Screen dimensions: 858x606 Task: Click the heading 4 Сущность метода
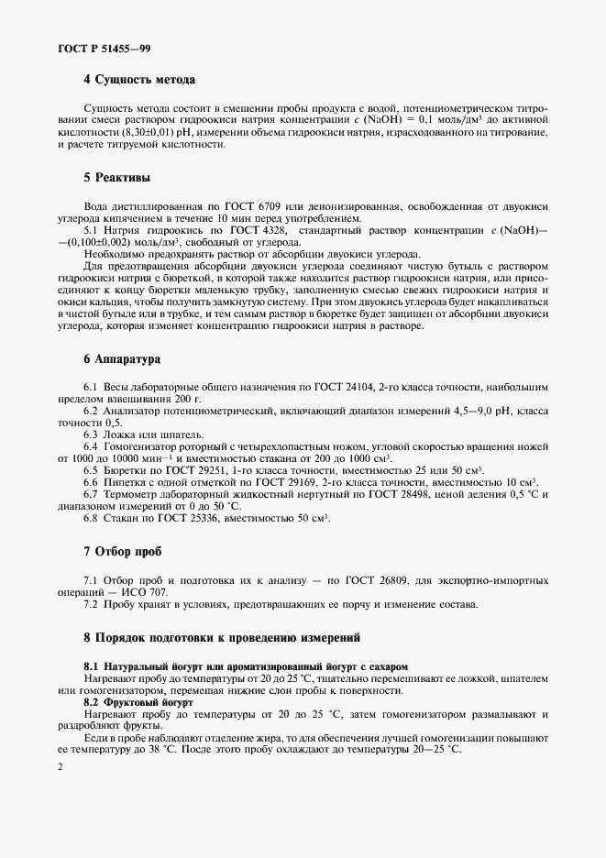pyautogui.click(x=140, y=80)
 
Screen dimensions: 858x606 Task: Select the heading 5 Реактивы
pyautogui.click(x=117, y=177)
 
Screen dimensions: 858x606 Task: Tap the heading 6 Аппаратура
pyautogui.click(x=123, y=359)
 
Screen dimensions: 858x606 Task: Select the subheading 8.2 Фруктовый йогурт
pyautogui.click(x=145, y=701)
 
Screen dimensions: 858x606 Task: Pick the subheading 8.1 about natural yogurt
pyautogui.click(x=246, y=665)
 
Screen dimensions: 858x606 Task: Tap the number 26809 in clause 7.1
pyautogui.click(x=407, y=581)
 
